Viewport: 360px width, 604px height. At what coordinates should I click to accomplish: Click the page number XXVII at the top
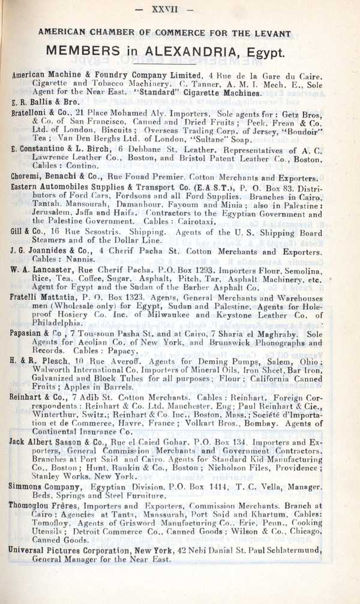180,10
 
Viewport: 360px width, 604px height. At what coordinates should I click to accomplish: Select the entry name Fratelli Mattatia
41,298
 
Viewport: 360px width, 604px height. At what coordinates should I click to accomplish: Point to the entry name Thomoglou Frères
43,506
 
